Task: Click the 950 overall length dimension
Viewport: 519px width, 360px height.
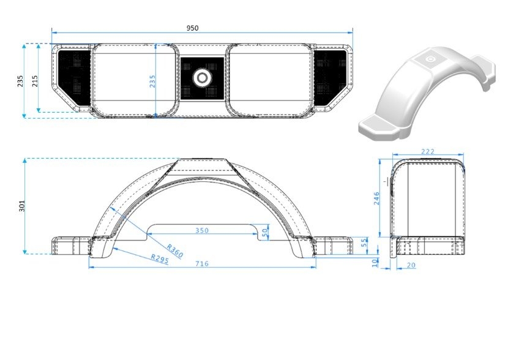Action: pyautogui.click(x=192, y=28)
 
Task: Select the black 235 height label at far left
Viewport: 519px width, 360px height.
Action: pyautogui.click(x=21, y=81)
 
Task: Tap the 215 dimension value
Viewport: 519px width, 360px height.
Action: pyautogui.click(x=35, y=81)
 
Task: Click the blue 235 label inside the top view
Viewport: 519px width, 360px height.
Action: pyautogui.click(x=152, y=81)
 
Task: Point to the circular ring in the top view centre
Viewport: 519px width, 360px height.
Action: pyautogui.click(x=202, y=78)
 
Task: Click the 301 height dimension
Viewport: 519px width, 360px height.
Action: pyautogui.click(x=22, y=206)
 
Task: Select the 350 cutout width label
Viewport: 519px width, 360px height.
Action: pyautogui.click(x=202, y=230)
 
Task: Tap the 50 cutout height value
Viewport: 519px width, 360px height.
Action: pyautogui.click(x=265, y=232)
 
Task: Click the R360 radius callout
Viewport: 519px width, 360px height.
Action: pyautogui.click(x=174, y=251)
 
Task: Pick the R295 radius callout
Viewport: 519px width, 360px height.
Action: pyautogui.click(x=160, y=258)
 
